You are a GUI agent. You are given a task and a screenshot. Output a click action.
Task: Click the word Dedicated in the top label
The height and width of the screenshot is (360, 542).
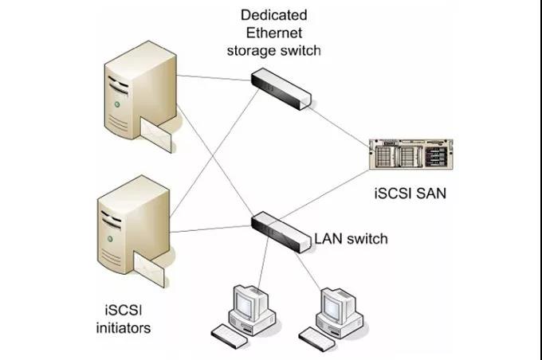273,15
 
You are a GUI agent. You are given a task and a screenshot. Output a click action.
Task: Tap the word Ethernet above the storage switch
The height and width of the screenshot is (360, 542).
274,33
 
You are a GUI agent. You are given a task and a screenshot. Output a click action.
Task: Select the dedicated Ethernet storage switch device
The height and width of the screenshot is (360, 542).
281,88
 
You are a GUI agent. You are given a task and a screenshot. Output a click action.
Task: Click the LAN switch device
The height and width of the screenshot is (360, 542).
281,233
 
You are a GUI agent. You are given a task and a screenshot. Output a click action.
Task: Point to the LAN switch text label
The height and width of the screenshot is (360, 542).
351,239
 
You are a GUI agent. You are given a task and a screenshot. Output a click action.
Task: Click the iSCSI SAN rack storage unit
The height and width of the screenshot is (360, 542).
411,154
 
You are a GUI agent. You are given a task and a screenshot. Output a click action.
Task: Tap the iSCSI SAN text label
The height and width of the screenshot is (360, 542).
410,193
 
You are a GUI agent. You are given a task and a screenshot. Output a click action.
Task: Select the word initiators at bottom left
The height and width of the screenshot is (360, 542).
124,328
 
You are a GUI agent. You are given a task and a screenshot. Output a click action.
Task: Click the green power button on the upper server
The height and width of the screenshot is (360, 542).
117,104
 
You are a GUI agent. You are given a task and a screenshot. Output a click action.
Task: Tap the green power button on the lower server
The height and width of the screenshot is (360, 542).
110,239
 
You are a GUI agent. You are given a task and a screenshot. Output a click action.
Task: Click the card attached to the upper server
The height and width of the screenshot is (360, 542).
156,134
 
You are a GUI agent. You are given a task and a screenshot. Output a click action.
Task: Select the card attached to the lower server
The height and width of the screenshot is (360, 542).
149,269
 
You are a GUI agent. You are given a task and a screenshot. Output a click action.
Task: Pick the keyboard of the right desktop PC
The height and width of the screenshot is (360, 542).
317,338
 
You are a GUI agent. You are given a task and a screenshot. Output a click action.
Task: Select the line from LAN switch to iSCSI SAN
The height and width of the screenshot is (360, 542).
324,194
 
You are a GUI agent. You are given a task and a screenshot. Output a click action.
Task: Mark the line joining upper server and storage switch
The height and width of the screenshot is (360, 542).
214,78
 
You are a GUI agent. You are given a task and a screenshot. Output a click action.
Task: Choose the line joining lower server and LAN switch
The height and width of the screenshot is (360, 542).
211,229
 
